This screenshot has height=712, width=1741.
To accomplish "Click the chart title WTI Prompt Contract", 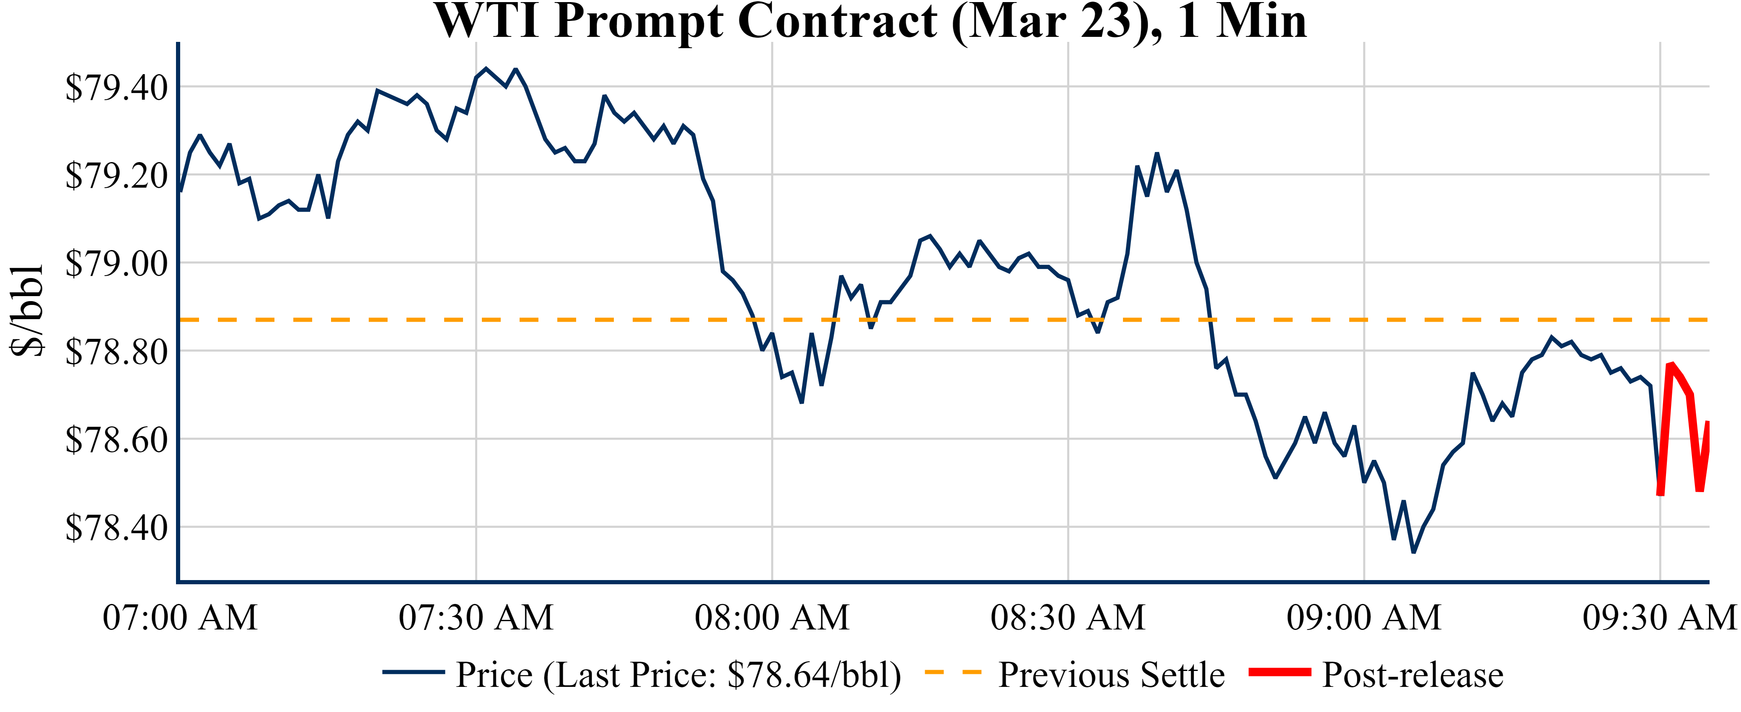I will [871, 22].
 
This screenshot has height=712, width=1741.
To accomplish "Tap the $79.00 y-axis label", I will [116, 263].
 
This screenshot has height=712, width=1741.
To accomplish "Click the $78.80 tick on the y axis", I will [116, 352].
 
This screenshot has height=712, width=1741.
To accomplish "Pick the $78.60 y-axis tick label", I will [116, 440].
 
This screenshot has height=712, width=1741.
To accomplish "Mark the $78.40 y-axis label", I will [116, 528].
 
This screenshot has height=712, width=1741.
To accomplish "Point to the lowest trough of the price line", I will [1413, 552].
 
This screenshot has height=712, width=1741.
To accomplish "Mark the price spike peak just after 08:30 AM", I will [1156, 154].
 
